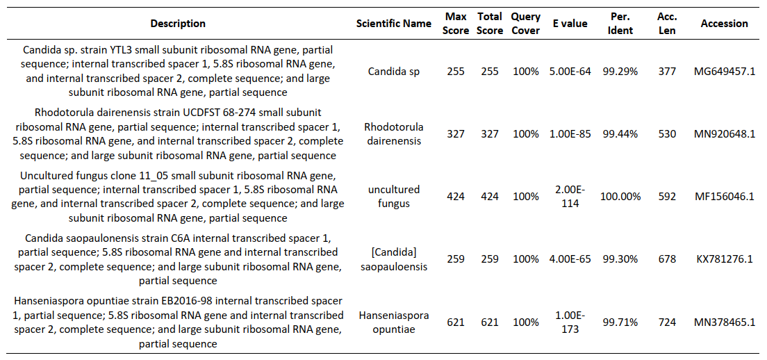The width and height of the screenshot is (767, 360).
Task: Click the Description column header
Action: [178, 24]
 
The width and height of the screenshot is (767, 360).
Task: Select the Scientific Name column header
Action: [394, 24]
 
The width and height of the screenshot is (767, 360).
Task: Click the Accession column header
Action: [724, 24]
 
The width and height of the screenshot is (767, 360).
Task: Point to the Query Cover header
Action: [525, 24]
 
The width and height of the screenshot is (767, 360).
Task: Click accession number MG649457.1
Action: [724, 72]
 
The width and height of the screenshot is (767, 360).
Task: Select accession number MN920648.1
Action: [724, 134]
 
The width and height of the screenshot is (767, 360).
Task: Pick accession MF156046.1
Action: [724, 197]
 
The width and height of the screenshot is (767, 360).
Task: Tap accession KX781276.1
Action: [724, 259]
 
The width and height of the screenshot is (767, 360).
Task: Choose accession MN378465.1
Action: [724, 322]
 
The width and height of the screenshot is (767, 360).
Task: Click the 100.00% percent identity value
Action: [620, 197]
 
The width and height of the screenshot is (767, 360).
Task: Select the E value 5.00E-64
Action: [570, 72]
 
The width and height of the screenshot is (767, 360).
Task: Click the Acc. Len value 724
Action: [667, 322]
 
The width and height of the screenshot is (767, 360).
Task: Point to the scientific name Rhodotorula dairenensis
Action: [394, 134]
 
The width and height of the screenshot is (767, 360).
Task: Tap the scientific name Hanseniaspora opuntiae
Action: [394, 322]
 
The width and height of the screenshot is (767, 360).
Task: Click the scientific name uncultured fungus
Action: [394, 197]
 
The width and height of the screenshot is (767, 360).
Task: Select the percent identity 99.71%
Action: [620, 322]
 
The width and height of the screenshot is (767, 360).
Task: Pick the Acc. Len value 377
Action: [667, 72]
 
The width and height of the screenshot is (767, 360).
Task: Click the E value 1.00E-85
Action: [570, 134]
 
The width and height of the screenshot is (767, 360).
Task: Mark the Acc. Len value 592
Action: [667, 197]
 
